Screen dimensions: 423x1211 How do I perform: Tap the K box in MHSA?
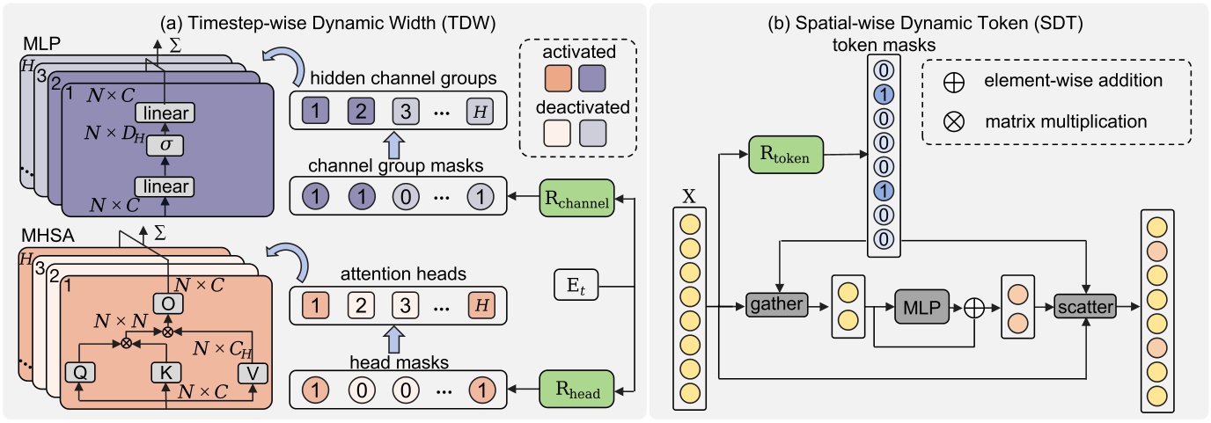(x=166, y=370)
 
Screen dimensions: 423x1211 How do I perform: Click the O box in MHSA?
(x=166, y=301)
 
